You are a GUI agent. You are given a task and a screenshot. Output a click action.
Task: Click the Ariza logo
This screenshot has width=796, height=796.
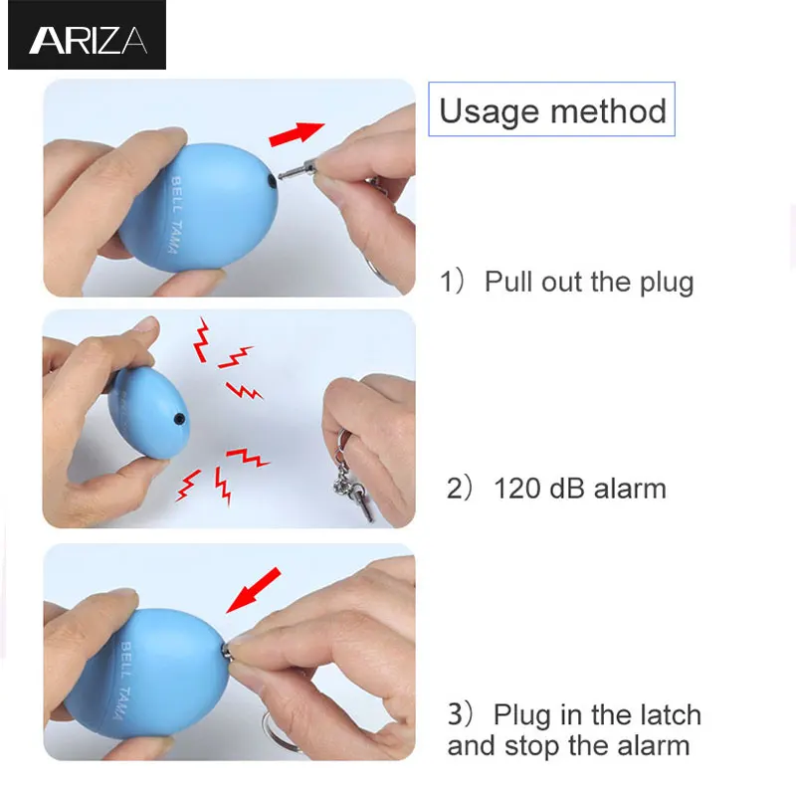click(x=88, y=41)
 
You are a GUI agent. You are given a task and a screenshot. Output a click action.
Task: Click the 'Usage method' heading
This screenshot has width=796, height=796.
click(x=552, y=110)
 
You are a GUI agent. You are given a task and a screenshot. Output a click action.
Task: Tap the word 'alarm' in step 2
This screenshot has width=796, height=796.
click(x=630, y=489)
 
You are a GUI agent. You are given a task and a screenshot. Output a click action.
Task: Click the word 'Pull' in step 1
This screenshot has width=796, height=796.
click(x=508, y=282)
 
